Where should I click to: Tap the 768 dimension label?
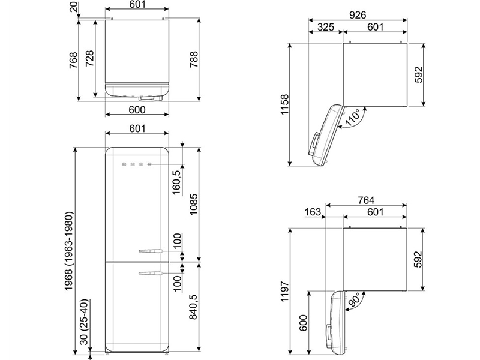click(73, 61)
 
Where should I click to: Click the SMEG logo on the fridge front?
click(134, 164)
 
